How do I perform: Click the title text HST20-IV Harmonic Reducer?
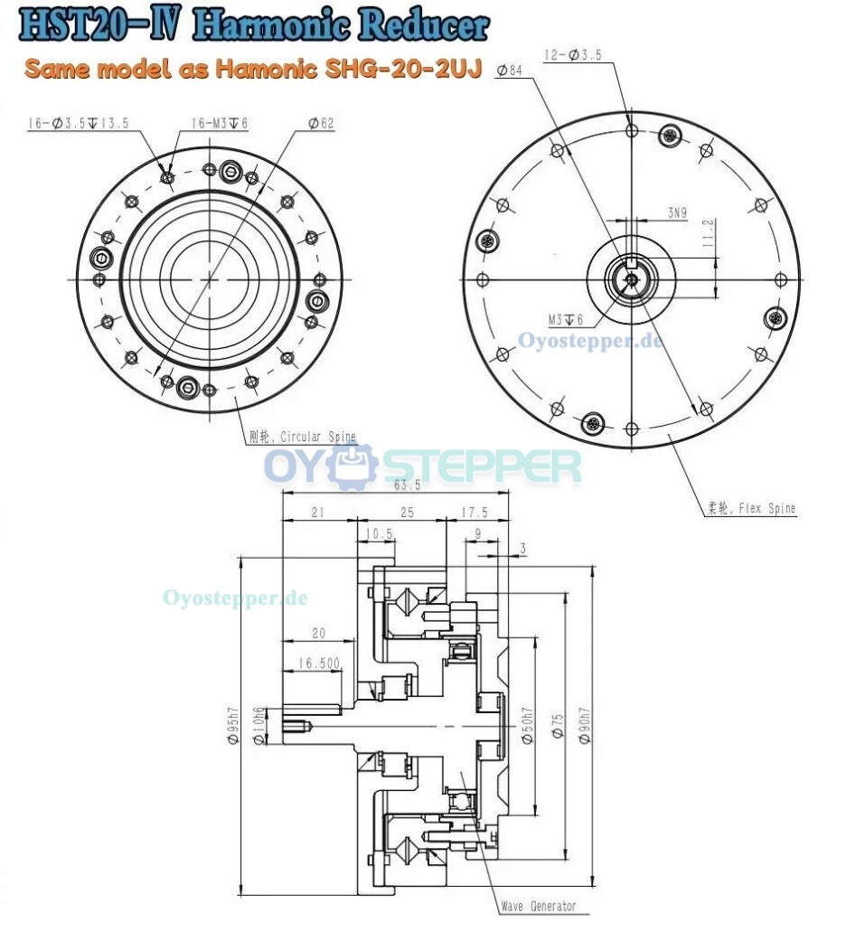pyautogui.click(x=253, y=26)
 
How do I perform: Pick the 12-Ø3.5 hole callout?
pyautogui.click(x=575, y=56)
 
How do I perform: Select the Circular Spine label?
pyautogui.click(x=302, y=438)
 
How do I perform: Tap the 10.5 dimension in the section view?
pyautogui.click(x=380, y=533)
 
